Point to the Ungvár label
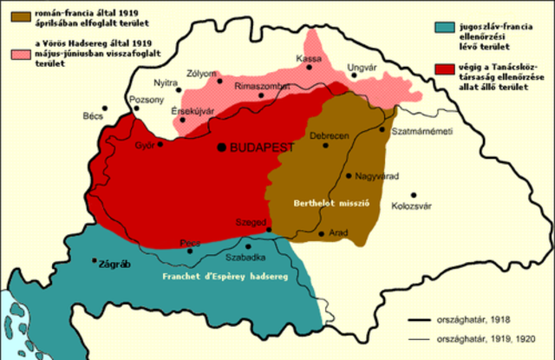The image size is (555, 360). coord(362,67)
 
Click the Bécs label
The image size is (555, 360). coord(90,115)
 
